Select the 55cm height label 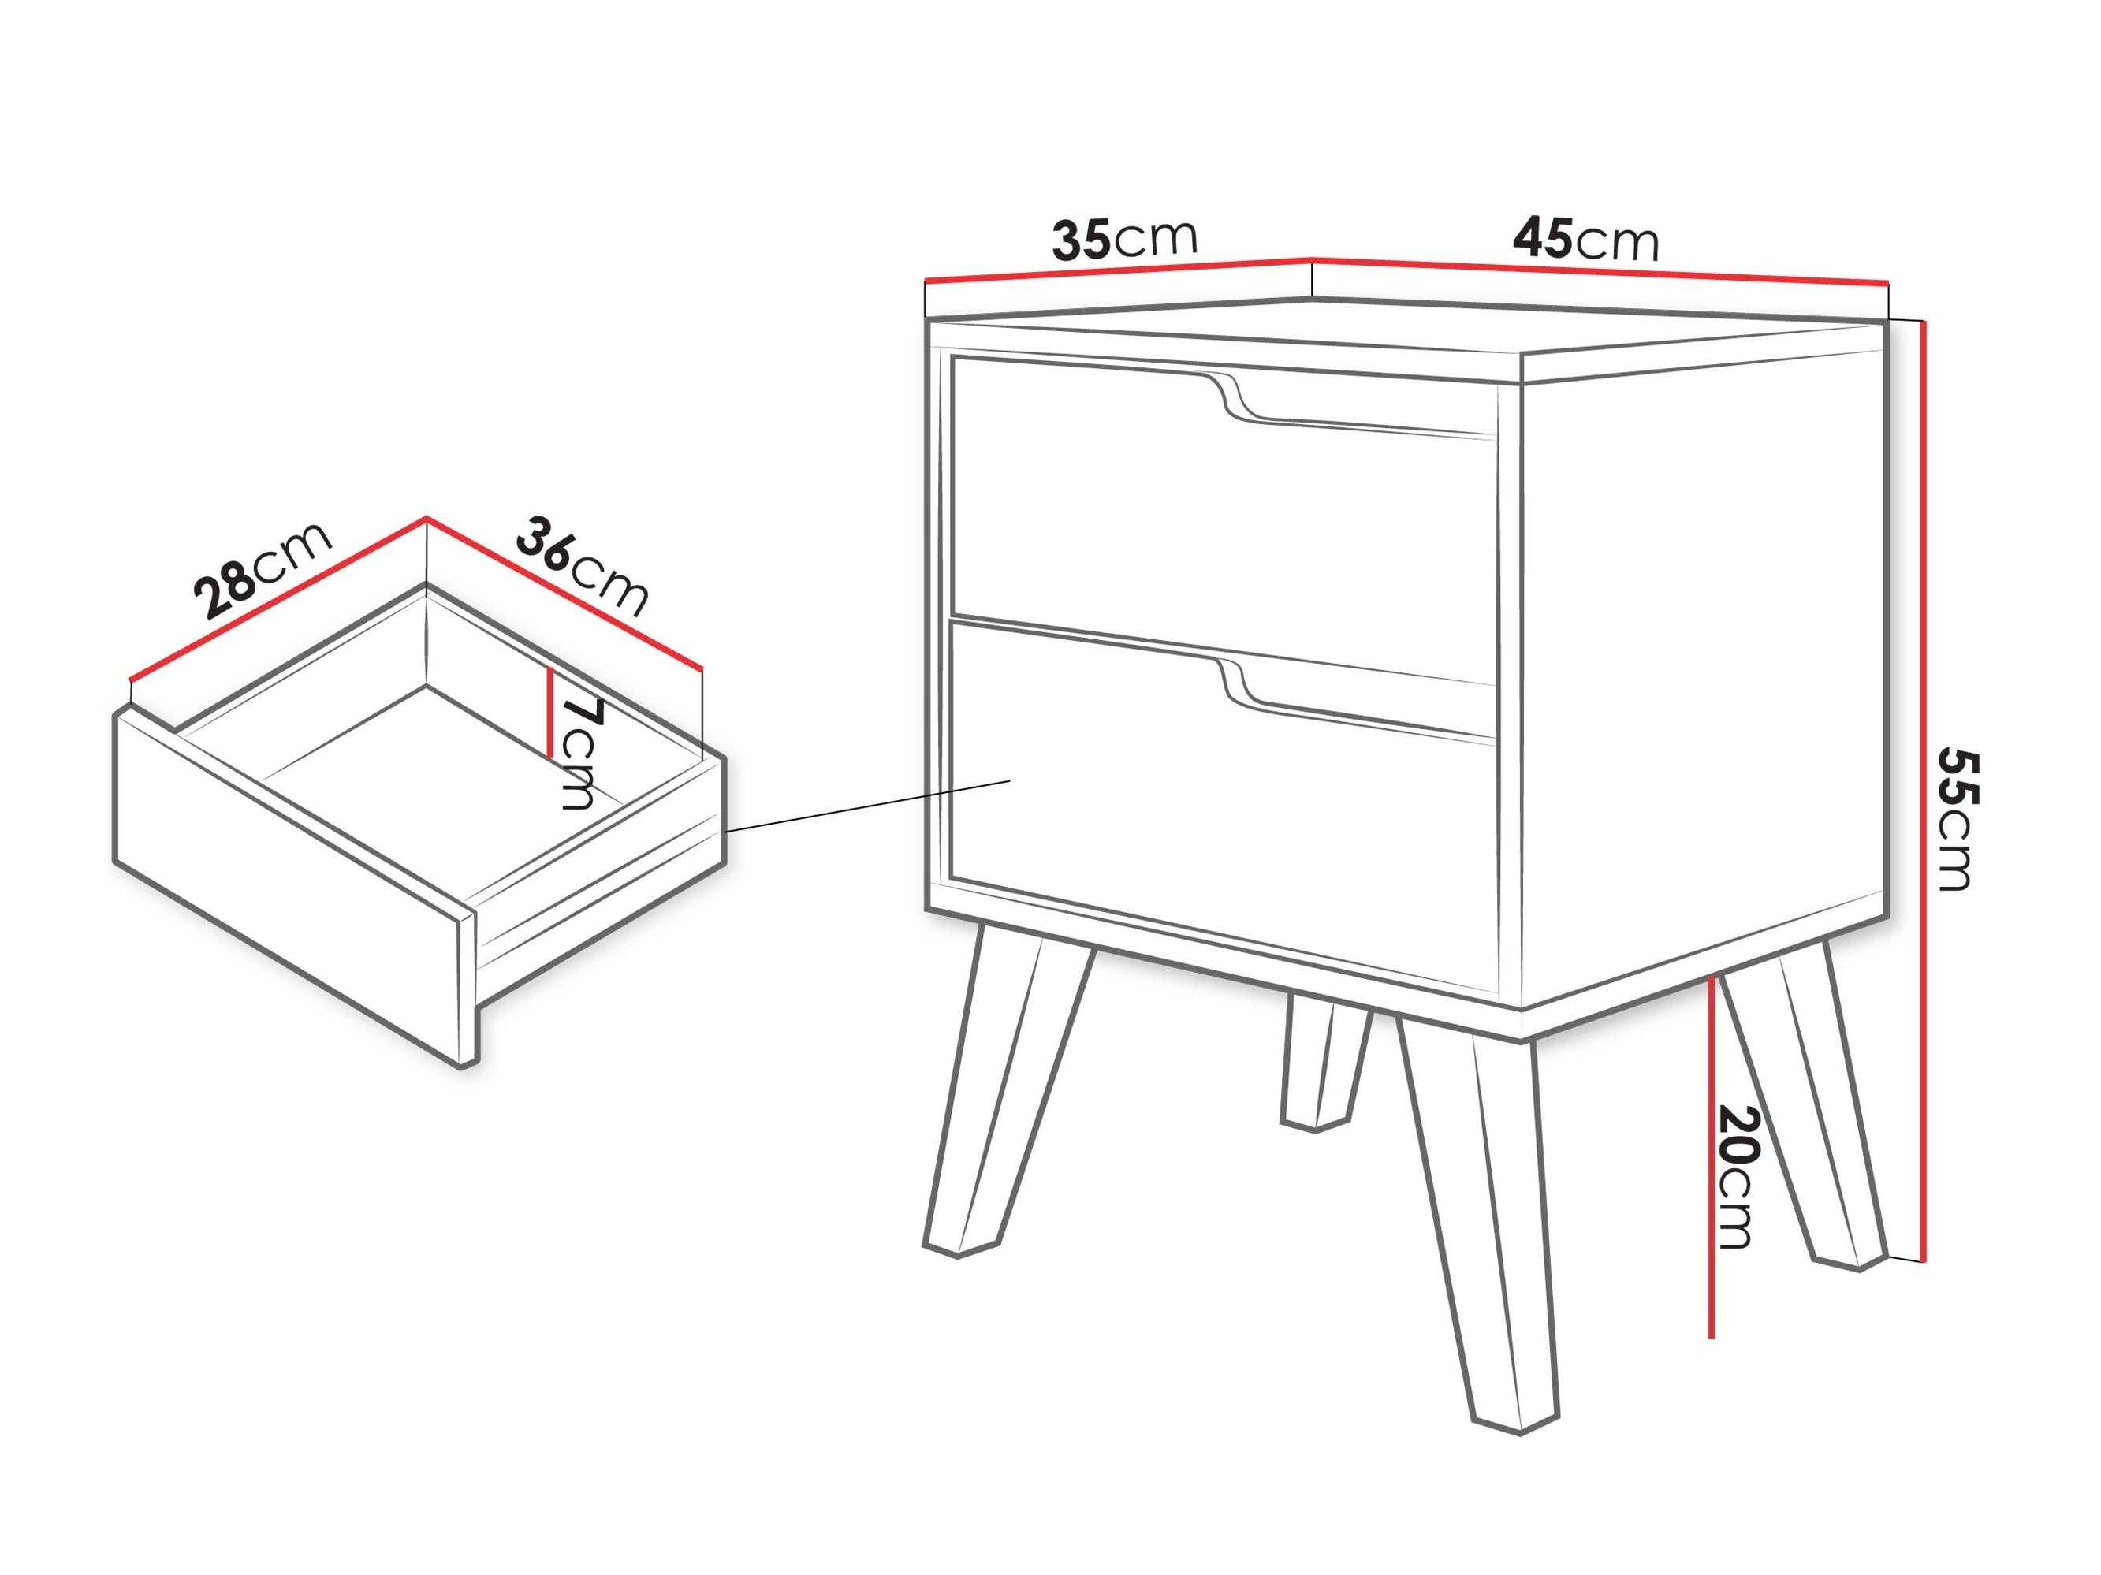tap(1956, 819)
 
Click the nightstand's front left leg tap(1007, 1093)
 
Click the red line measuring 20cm tap(1712, 1158)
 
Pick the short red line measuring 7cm tap(550, 713)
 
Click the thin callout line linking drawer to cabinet tap(866, 806)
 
